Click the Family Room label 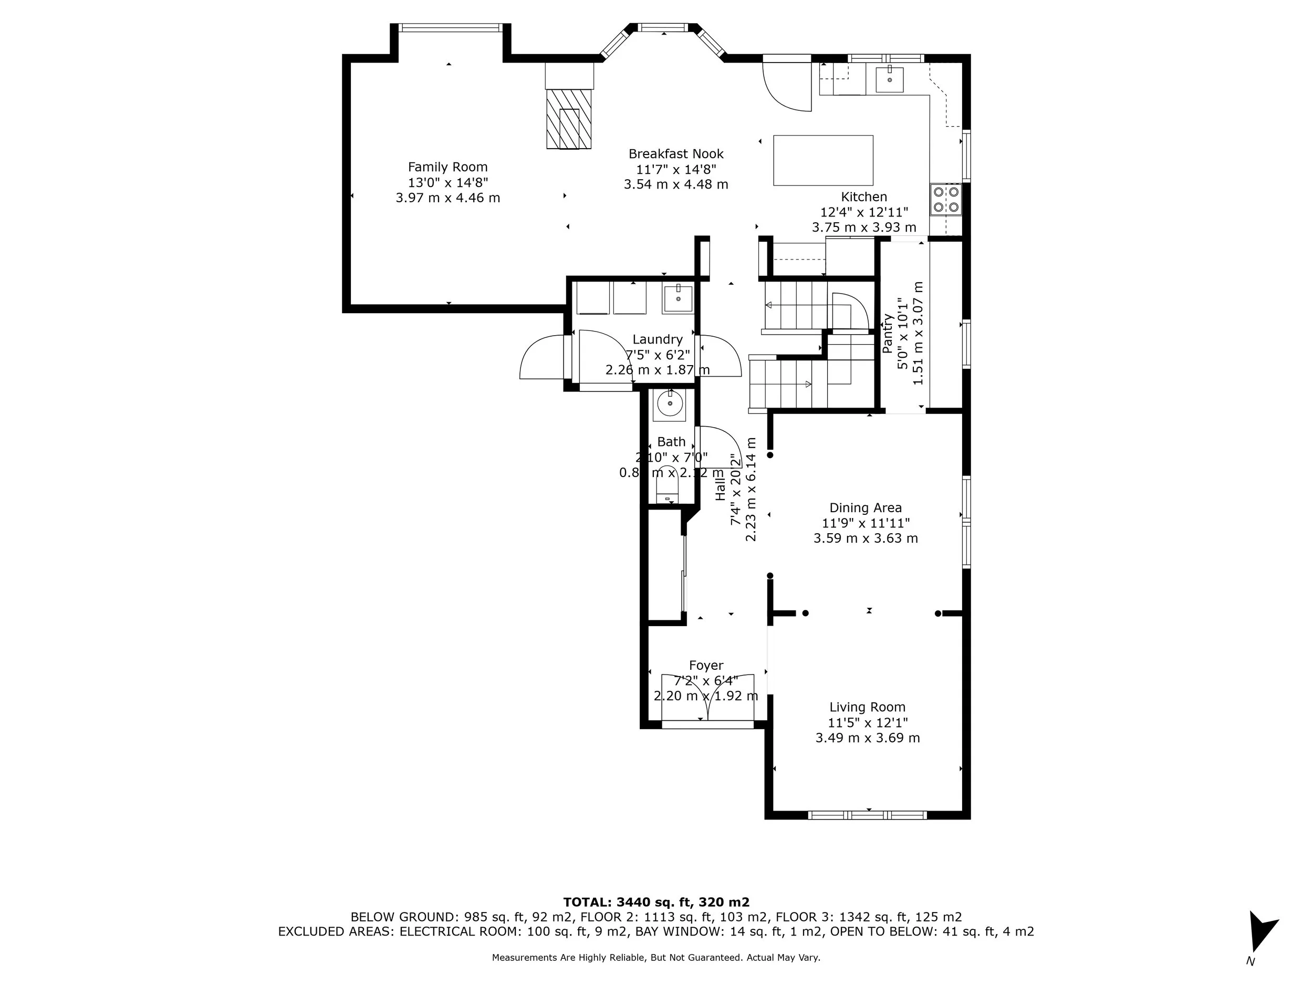(447, 168)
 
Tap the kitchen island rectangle (822, 160)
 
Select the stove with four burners (945, 200)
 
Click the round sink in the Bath (669, 406)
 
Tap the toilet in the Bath (667, 493)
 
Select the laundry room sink (678, 298)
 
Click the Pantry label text (888, 334)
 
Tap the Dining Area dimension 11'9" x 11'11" (866, 523)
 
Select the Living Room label (867, 707)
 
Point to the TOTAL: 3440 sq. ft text (656, 902)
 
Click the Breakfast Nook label (676, 154)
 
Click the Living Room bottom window (867, 815)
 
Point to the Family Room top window (450, 27)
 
